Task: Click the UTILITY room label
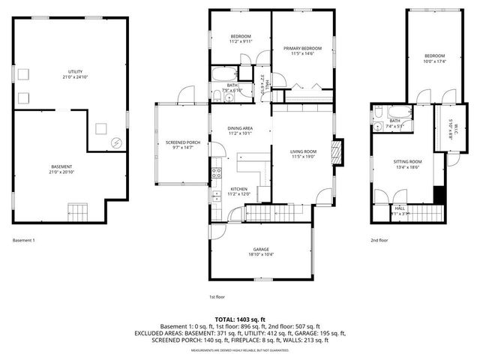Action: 70,72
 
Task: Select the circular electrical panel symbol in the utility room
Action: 116,142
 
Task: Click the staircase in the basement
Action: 78,210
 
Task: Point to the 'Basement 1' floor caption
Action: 24,241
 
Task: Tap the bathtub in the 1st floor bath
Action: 223,75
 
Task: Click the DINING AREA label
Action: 240,129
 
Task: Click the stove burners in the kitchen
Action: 214,175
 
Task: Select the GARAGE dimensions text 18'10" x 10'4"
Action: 260,255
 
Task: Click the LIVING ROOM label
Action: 304,151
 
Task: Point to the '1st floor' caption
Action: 217,296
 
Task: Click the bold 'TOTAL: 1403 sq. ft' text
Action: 240,319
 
